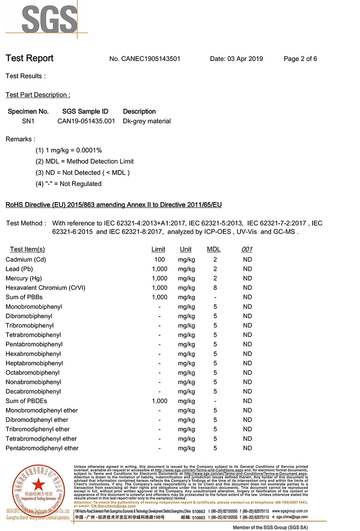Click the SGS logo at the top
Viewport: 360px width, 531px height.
47,19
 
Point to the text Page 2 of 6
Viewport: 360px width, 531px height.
300,59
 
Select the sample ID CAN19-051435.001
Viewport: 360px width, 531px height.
86,121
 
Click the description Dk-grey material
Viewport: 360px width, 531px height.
147,121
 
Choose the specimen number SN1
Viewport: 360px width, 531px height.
28,121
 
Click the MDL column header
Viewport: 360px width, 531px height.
213,249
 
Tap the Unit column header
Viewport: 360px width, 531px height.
186,249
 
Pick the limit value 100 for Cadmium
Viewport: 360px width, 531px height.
160,259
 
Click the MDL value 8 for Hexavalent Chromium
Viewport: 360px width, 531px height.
215,288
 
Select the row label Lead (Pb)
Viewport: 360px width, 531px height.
19,269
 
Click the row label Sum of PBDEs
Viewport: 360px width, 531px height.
26,401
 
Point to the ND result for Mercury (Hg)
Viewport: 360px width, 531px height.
247,278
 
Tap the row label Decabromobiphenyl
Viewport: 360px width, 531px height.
33,392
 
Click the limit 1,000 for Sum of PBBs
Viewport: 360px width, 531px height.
160,297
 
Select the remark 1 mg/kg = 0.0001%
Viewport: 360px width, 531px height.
69,150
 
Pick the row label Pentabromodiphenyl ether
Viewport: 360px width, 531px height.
42,448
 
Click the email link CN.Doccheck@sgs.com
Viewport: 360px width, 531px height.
114,506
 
